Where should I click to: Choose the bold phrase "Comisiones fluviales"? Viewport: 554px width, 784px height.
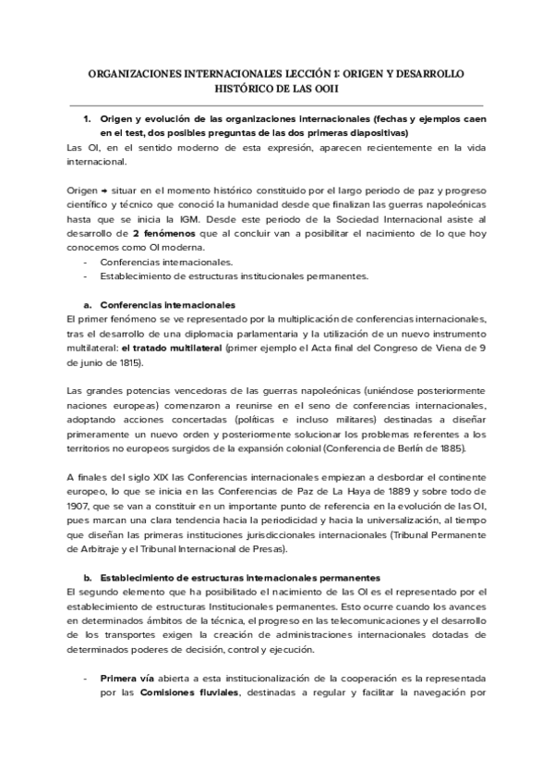(x=195, y=693)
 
